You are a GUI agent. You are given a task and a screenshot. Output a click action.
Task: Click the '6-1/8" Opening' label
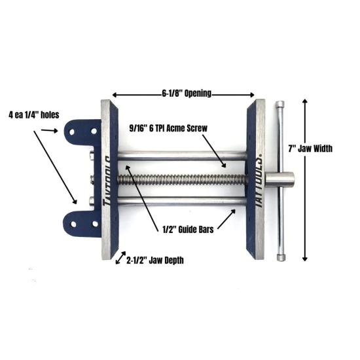pyautogui.click(x=187, y=94)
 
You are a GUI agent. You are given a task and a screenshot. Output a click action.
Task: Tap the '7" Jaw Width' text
pyautogui.click(x=310, y=149)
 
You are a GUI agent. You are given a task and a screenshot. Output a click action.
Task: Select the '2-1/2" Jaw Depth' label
pyautogui.click(x=155, y=261)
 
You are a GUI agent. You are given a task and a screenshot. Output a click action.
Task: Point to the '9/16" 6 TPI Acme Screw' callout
pyautogui.click(x=168, y=128)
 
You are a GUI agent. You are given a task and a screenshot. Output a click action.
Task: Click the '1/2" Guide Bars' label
pyautogui.click(x=188, y=229)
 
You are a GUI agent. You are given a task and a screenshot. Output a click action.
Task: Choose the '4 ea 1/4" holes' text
pyautogui.click(x=34, y=115)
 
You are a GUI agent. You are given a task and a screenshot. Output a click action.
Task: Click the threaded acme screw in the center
pyautogui.click(x=182, y=179)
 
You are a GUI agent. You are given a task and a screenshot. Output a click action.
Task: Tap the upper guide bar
pyautogui.click(x=182, y=155)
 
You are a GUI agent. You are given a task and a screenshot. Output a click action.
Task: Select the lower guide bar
pyautogui.click(x=182, y=201)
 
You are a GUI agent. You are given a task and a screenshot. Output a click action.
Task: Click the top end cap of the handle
pyautogui.click(x=280, y=104)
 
